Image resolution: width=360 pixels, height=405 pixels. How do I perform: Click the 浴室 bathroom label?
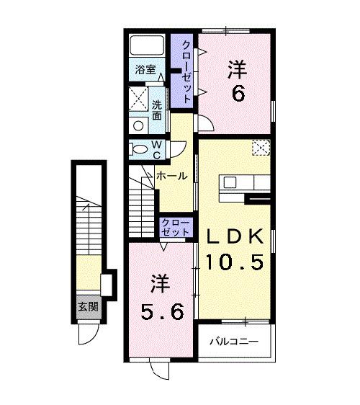click(145, 70)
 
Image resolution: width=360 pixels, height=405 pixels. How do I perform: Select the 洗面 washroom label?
click(157, 110)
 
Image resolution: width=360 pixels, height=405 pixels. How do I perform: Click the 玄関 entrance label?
click(88, 306)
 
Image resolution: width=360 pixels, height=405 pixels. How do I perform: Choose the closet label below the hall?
click(176, 227)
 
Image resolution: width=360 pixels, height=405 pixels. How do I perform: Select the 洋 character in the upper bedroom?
click(238, 70)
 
